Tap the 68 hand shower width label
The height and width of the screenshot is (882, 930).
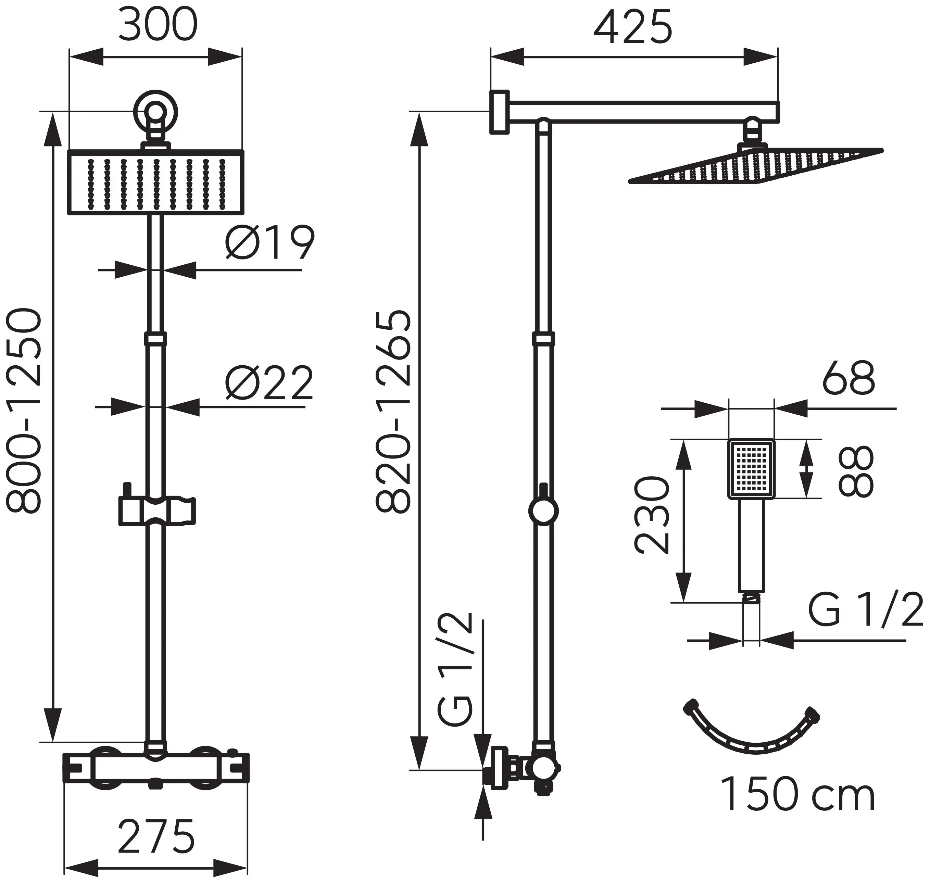point(849,378)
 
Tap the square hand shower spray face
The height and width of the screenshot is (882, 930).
point(751,469)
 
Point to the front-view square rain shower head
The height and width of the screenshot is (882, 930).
point(155,182)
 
